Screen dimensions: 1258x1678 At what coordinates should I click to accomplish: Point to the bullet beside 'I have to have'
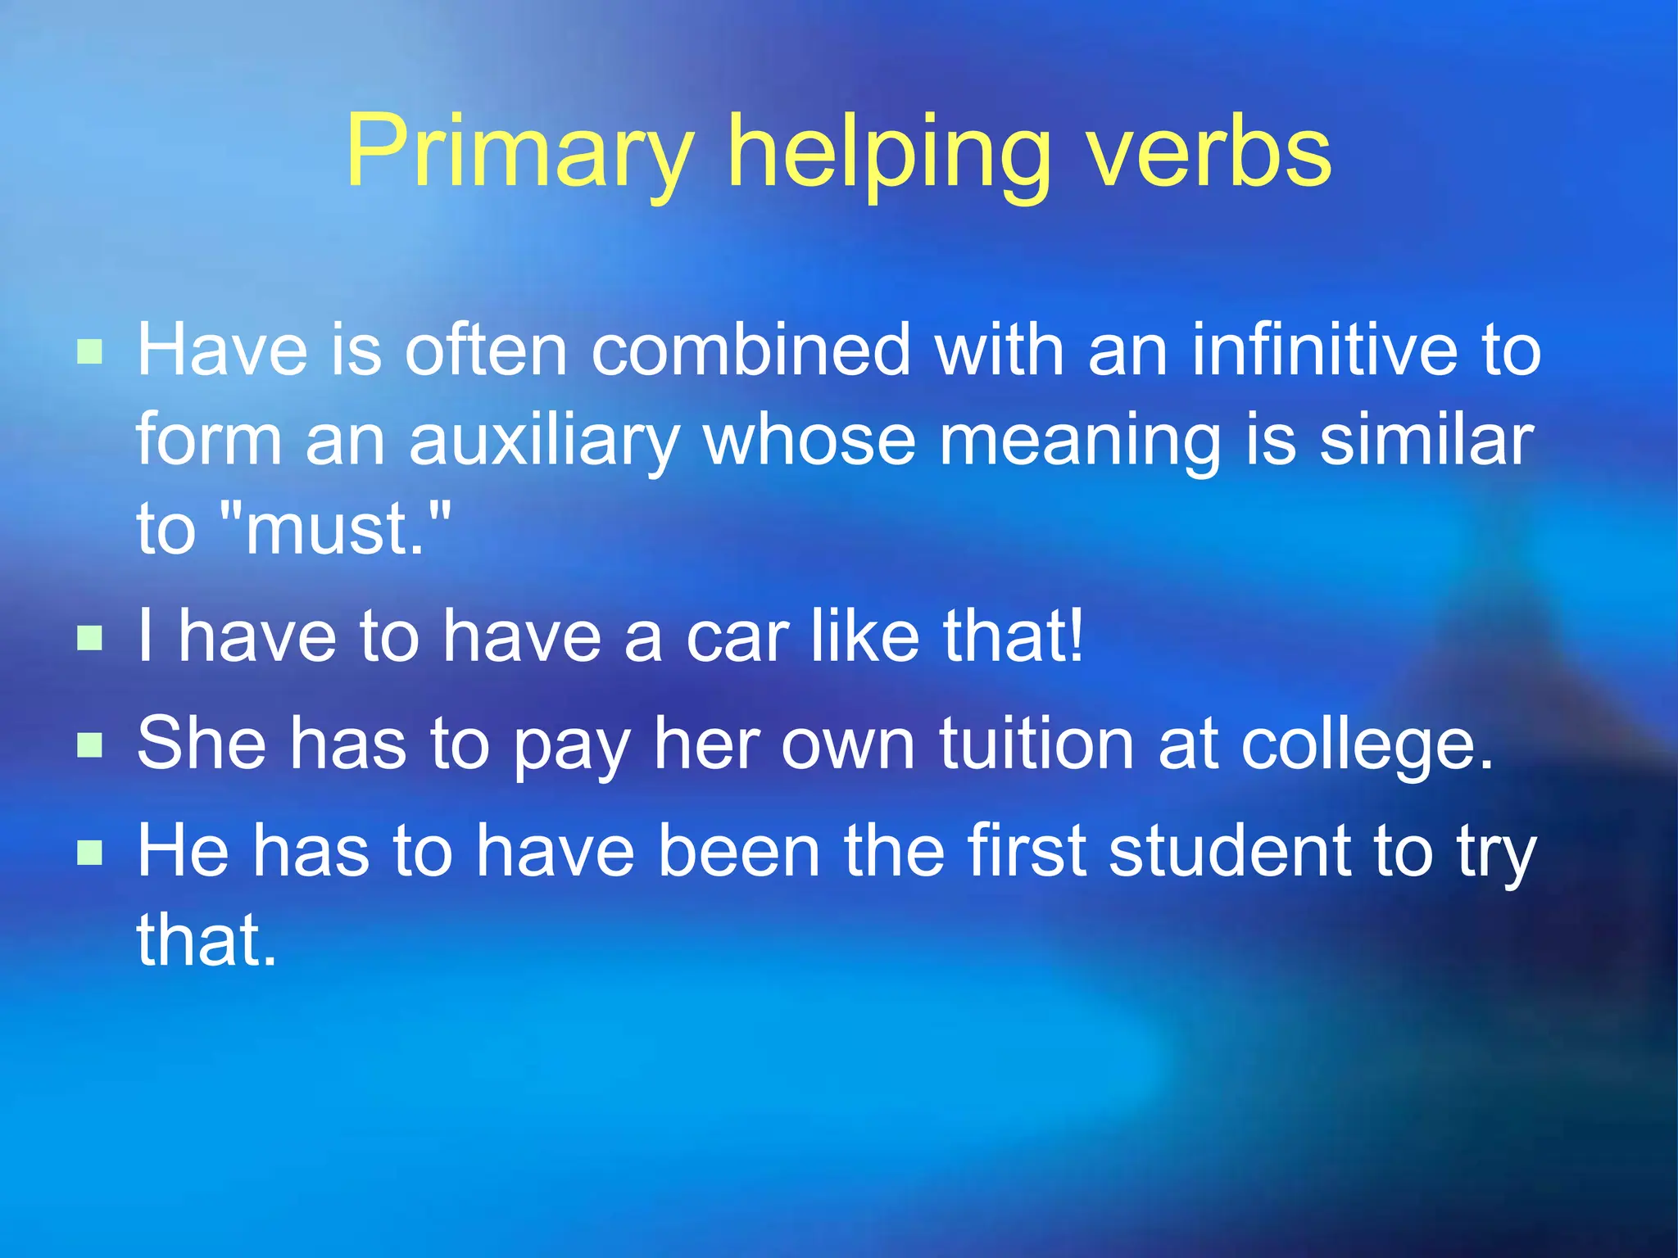89,637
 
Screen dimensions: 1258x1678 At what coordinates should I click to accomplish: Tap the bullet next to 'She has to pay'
89,744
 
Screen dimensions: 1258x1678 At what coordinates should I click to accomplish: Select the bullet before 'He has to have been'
89,853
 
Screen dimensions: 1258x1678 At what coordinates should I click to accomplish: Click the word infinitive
1325,350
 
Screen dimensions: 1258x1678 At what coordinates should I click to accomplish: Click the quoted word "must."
335,529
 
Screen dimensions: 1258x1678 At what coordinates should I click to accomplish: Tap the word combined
751,350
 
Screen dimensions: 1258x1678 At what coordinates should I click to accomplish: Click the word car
737,637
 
